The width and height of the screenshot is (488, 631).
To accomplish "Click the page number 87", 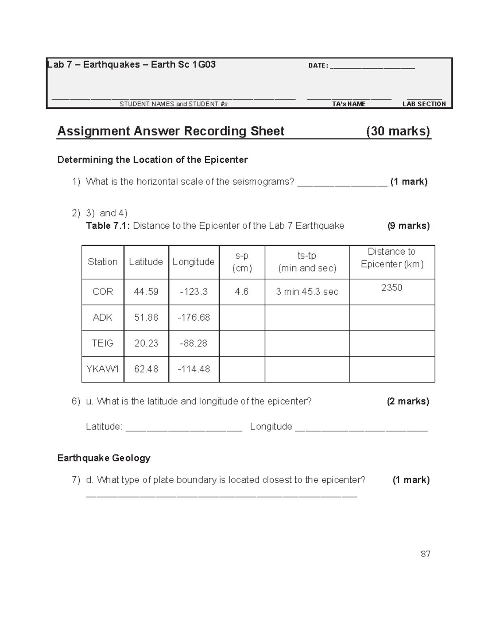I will point(425,554).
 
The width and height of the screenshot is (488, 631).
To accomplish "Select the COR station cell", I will point(102,292).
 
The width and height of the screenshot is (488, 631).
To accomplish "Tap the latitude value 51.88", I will point(146,317).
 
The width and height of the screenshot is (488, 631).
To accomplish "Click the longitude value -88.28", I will point(194,343).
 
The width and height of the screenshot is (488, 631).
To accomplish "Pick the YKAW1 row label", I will point(102,369).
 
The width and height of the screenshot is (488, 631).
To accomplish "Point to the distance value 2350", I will point(392,288).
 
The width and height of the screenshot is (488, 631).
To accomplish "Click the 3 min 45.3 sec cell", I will point(307,292).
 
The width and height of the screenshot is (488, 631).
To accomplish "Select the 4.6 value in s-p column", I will point(242,292).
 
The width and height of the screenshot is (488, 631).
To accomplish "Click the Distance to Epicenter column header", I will point(392,258).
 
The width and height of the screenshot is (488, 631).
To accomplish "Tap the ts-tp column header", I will point(307,262).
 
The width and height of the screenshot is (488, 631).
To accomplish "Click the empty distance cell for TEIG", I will point(392,343).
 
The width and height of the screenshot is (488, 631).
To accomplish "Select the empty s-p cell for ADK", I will point(242,317).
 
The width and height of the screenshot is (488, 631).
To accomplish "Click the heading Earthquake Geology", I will point(104,458).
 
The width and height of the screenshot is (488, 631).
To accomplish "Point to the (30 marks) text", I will point(398,131).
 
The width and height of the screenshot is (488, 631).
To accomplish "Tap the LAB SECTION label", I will point(424,104).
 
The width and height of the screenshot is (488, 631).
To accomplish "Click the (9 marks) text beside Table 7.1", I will point(408,226).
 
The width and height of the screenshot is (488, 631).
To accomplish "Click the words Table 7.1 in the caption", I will point(108,226).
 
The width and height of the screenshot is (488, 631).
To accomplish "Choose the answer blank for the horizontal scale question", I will point(342,182).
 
